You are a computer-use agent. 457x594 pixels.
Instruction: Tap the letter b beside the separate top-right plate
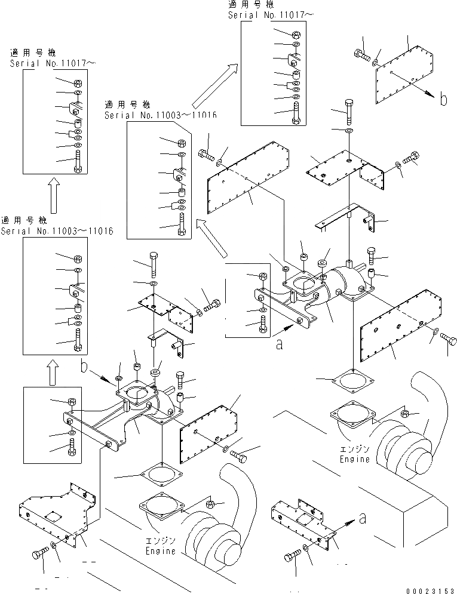tap(443, 99)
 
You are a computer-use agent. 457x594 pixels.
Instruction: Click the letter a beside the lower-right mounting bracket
tap(364, 518)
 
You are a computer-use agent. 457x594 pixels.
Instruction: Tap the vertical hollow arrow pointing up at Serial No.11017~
tap(53, 195)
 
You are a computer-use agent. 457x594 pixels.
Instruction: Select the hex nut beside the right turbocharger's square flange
tap(404, 413)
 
